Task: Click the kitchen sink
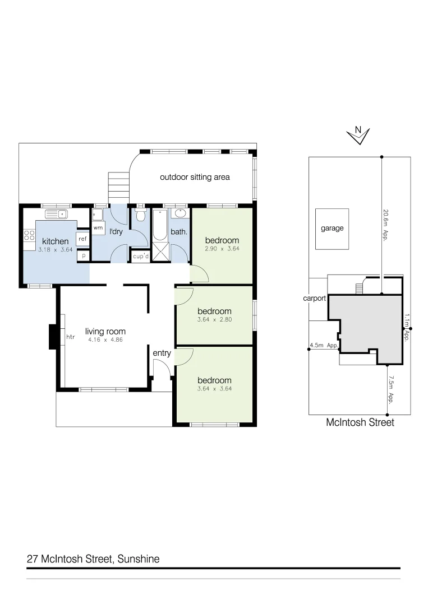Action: click(x=56, y=214)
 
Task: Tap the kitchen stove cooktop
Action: click(x=29, y=235)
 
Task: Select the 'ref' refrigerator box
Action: click(x=82, y=239)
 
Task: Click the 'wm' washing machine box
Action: click(x=98, y=227)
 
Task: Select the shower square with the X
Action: click(x=160, y=253)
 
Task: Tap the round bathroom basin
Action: click(x=180, y=214)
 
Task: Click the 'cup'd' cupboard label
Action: click(x=140, y=257)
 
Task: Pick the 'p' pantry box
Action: click(x=84, y=255)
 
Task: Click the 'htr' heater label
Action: click(x=71, y=337)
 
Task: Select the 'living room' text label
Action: click(x=105, y=331)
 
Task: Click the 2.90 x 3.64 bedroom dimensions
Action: click(x=222, y=248)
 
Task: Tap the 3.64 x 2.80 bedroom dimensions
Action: click(x=214, y=320)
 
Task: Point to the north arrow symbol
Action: click(x=358, y=134)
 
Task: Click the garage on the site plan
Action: click(x=332, y=229)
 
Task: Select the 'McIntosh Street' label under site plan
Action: click(x=360, y=423)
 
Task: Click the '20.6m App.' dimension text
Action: click(x=386, y=224)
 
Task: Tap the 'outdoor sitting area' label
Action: click(x=195, y=177)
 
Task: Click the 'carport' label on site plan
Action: click(x=314, y=299)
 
